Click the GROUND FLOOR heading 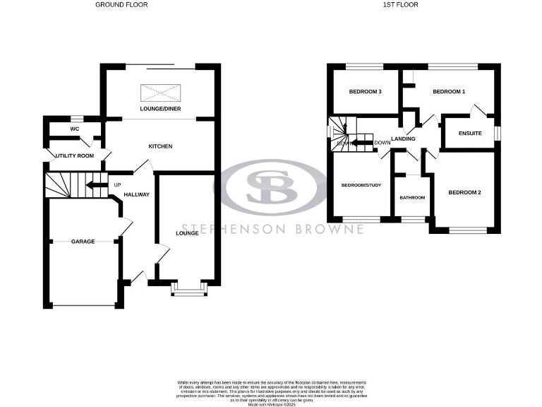tap(121, 4)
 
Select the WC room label tap(74, 129)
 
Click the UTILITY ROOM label tap(76, 155)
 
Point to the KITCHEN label tap(160, 146)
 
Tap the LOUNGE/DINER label tap(159, 110)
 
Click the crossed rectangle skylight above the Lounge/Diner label tap(160, 93)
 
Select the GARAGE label tap(83, 242)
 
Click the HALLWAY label tap(137, 195)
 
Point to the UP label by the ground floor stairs tap(116, 186)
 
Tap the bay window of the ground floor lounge tap(188, 289)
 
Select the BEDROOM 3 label tap(366, 92)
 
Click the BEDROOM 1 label tap(449, 92)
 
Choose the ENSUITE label tap(470, 133)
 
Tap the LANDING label tap(404, 138)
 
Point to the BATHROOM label tap(412, 198)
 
